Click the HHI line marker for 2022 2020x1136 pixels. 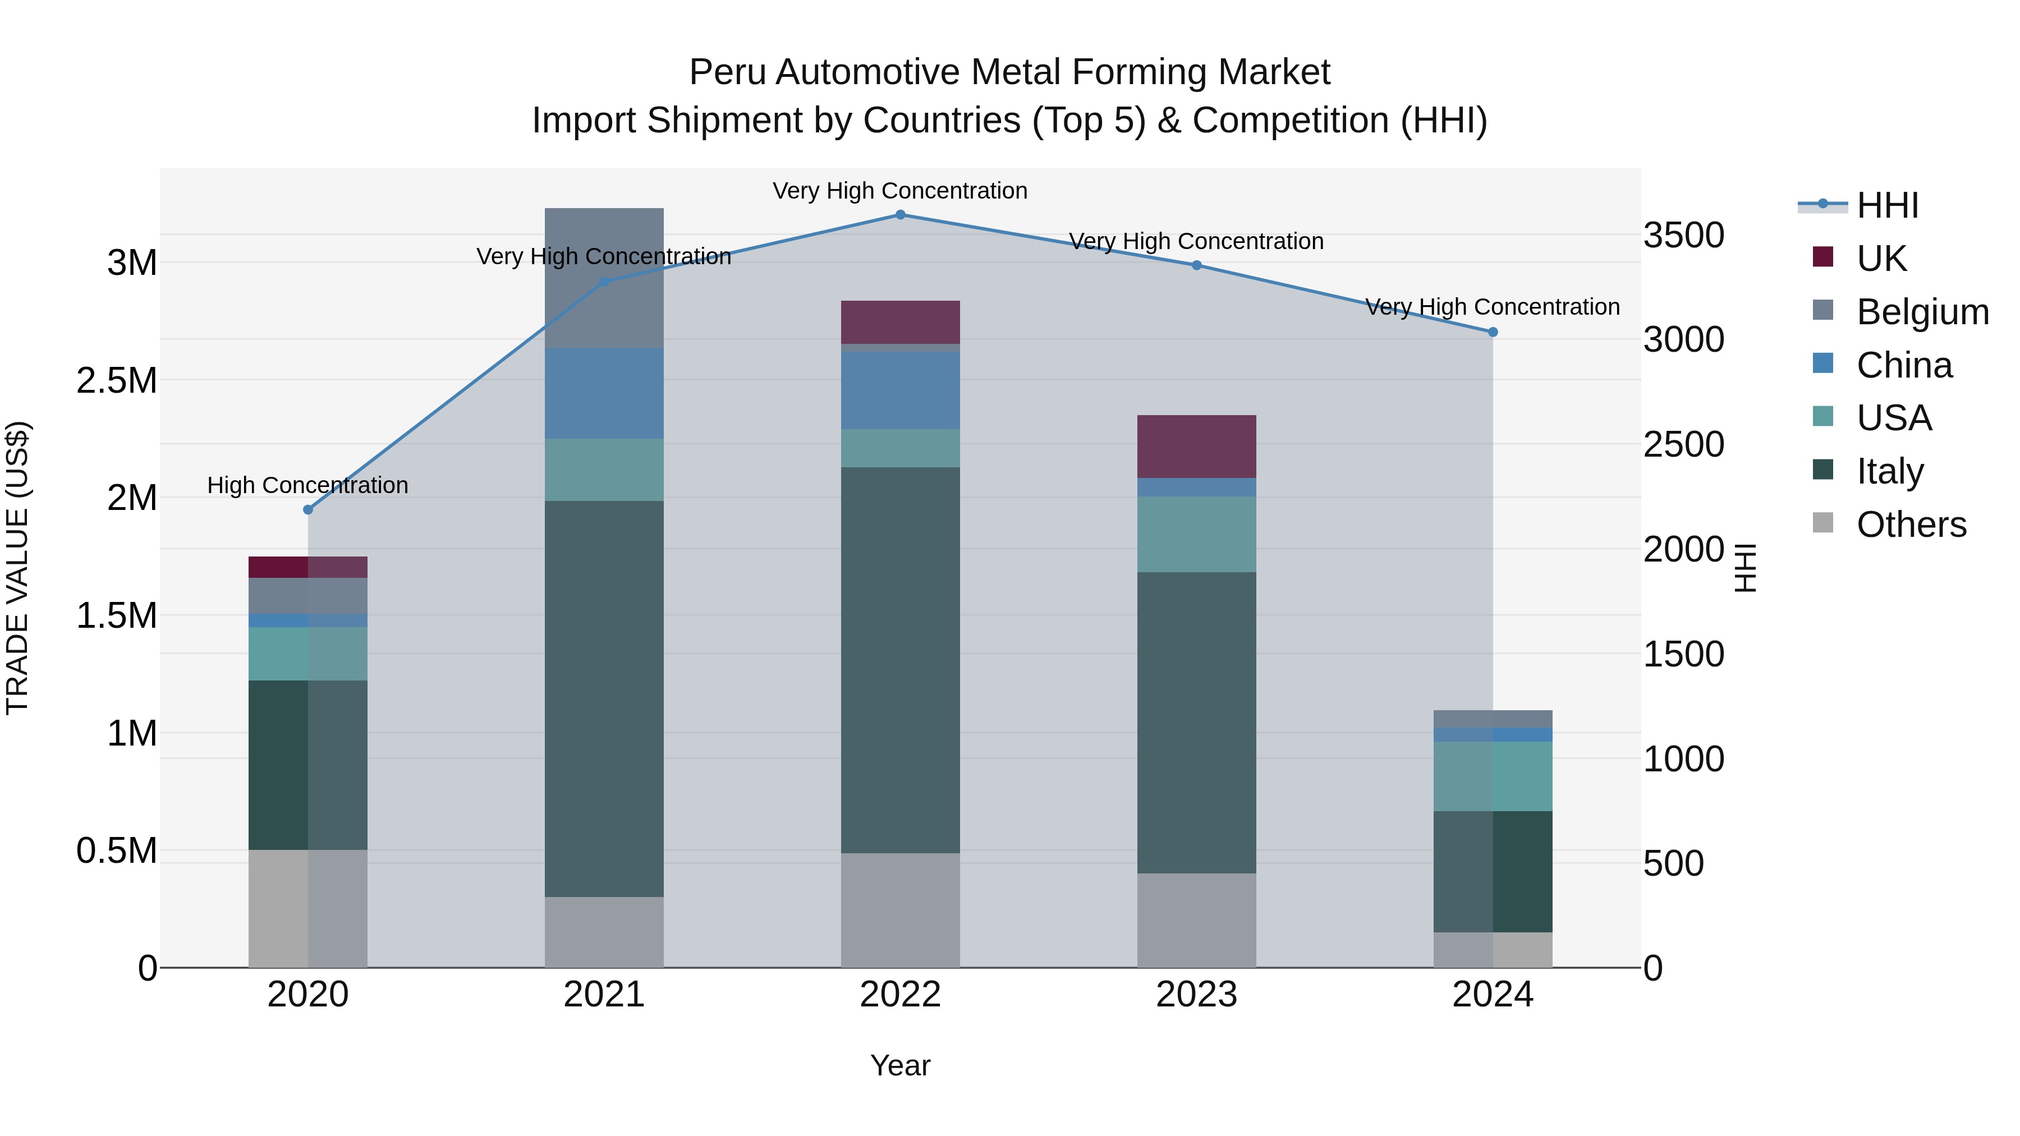[900, 215]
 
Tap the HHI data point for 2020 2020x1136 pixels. [308, 509]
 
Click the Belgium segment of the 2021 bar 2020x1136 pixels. [604, 278]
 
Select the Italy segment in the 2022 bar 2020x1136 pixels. [900, 660]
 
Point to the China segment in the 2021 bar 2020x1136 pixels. [604, 394]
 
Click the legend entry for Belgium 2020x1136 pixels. [1921, 312]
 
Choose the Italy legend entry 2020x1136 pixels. [1889, 471]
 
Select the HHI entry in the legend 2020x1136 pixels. [1886, 205]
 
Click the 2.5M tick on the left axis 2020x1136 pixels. [116, 380]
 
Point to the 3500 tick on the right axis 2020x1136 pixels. [1683, 235]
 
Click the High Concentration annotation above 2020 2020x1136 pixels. [307, 485]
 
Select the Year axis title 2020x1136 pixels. [900, 1065]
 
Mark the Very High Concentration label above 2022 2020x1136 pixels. [900, 191]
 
